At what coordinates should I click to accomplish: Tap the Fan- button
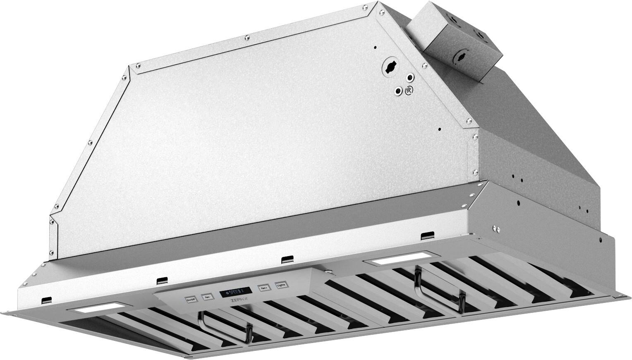pos(207,296)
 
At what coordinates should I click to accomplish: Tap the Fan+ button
pos(263,287)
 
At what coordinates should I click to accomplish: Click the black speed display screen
pos(235,291)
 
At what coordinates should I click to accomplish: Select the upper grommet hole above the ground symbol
pos(410,77)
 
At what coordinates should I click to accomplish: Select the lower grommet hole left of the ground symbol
pos(398,91)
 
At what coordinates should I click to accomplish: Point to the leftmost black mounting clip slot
pos(47,299)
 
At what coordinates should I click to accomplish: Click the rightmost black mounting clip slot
pos(425,236)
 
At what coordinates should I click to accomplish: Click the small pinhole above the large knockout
pos(375,47)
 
